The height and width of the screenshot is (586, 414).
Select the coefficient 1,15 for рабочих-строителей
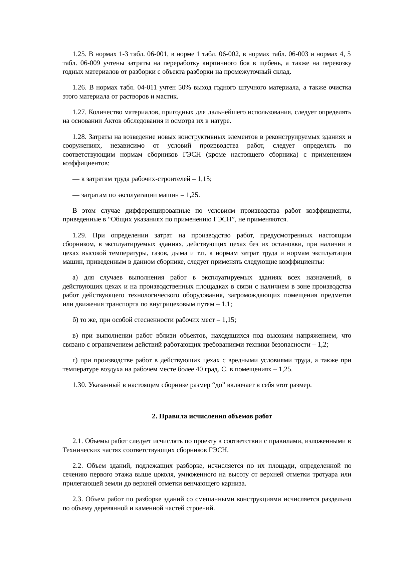pos(204,179)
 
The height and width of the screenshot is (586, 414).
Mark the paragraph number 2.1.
pos(78,441)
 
